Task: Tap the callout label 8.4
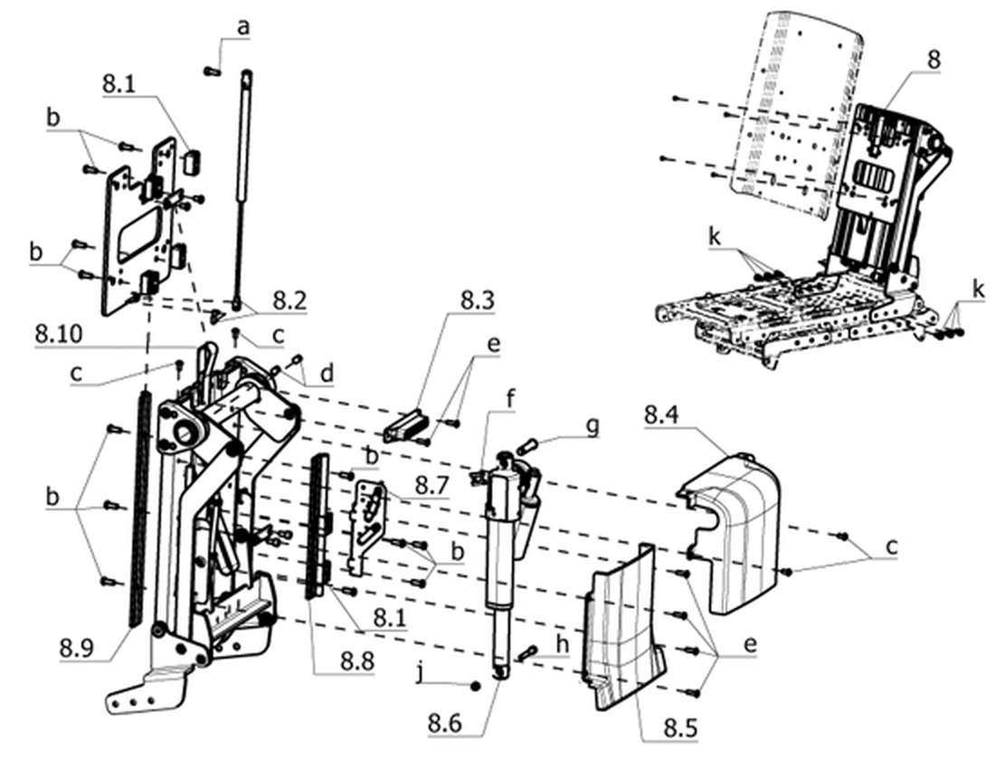click(x=661, y=416)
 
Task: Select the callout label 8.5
click(x=681, y=727)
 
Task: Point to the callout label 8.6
click(x=445, y=723)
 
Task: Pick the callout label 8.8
click(x=357, y=660)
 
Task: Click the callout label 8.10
click(x=59, y=334)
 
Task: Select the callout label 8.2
click(x=289, y=300)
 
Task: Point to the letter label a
click(x=243, y=28)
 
